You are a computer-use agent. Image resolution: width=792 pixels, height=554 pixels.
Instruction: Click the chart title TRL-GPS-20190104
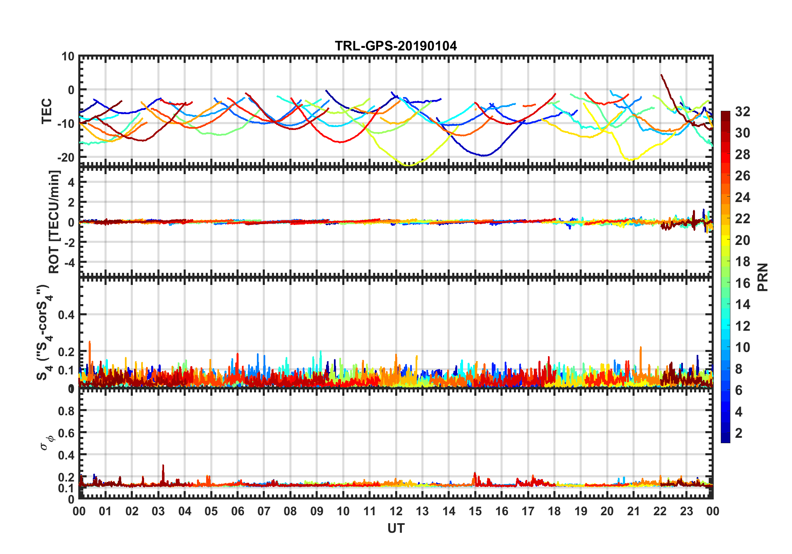(x=396, y=46)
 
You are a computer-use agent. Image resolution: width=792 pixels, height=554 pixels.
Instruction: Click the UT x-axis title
(x=396, y=528)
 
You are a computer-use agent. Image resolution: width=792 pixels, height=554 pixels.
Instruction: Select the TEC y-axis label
(x=47, y=111)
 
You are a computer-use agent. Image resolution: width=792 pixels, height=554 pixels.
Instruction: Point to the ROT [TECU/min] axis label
(x=54, y=222)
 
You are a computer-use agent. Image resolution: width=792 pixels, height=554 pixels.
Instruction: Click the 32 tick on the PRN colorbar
(x=742, y=112)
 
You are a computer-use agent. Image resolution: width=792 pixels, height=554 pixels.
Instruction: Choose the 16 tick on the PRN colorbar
(x=742, y=283)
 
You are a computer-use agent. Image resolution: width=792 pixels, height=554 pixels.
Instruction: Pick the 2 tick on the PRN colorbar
(x=739, y=433)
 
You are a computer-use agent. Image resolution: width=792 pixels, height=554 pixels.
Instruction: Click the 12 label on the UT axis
(x=396, y=511)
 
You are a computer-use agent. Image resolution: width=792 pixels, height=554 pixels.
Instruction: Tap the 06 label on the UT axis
(x=237, y=511)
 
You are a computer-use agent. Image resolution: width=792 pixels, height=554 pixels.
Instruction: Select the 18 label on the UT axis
(x=554, y=511)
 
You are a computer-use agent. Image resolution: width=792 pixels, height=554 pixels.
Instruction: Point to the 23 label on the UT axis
(x=686, y=511)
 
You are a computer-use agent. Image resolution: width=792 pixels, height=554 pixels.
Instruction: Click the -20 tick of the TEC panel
(x=66, y=157)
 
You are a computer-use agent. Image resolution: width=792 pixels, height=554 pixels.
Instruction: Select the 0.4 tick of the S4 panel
(x=67, y=315)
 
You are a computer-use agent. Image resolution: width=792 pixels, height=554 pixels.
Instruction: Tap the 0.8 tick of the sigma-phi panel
(x=67, y=411)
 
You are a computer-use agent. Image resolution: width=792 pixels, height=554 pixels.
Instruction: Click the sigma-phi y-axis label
(x=47, y=442)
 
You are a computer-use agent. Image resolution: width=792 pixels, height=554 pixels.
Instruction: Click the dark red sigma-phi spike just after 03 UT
(x=163, y=466)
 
